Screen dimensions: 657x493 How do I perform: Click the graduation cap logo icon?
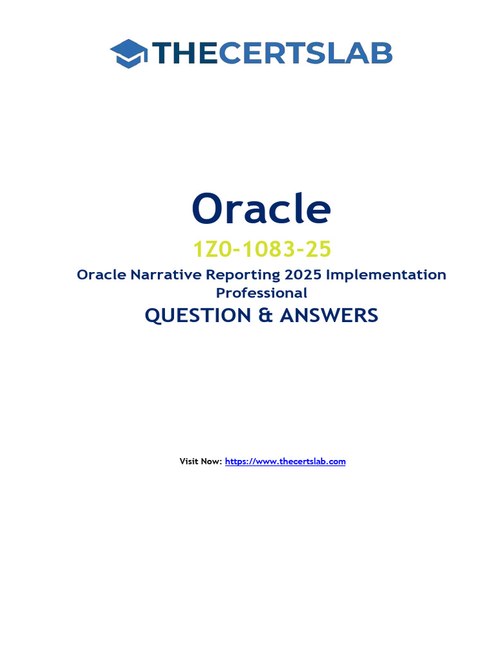coord(129,53)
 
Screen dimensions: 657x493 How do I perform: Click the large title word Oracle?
coord(261,209)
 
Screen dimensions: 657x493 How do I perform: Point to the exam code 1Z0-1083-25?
coord(261,248)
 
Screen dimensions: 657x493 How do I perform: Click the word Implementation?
coord(386,275)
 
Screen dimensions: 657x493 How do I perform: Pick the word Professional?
coord(261,293)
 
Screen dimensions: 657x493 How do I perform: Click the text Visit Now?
coord(201,461)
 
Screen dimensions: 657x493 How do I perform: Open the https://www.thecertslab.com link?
coord(286,461)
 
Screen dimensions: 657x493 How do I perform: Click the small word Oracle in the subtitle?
coord(101,275)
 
